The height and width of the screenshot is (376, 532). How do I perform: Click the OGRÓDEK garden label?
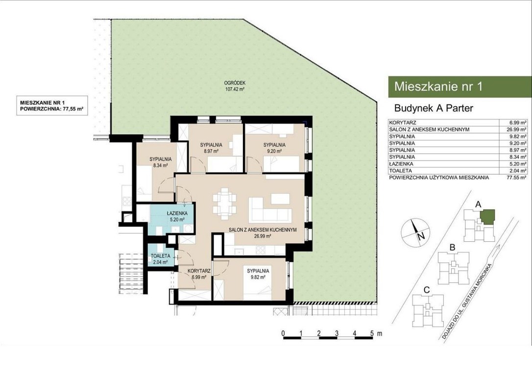pos(235,83)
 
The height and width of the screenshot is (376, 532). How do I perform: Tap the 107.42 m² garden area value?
pos(235,90)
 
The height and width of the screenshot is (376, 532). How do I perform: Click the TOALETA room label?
pos(161,256)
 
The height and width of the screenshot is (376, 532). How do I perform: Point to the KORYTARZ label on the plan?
pos(199,271)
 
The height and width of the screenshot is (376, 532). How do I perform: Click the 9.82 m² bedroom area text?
pos(258,277)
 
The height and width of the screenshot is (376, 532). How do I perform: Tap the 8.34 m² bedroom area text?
pos(161,165)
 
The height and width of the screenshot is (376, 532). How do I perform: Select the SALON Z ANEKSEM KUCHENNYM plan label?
pos(263,230)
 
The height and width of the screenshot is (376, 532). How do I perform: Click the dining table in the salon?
pos(225,203)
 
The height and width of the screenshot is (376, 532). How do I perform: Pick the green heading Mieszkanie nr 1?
pos(438,87)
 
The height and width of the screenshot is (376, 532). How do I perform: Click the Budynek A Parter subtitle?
pos(434,108)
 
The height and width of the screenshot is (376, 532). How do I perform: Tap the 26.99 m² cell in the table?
pos(516,130)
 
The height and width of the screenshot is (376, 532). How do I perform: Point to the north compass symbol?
pos(415,232)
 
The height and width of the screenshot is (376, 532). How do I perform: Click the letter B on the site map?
pos(452,248)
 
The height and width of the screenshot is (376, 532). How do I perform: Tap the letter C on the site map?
pos(427,290)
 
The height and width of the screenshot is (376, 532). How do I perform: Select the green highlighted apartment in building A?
pos(487,217)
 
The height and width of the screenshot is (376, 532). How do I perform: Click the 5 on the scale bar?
pos(372,333)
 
